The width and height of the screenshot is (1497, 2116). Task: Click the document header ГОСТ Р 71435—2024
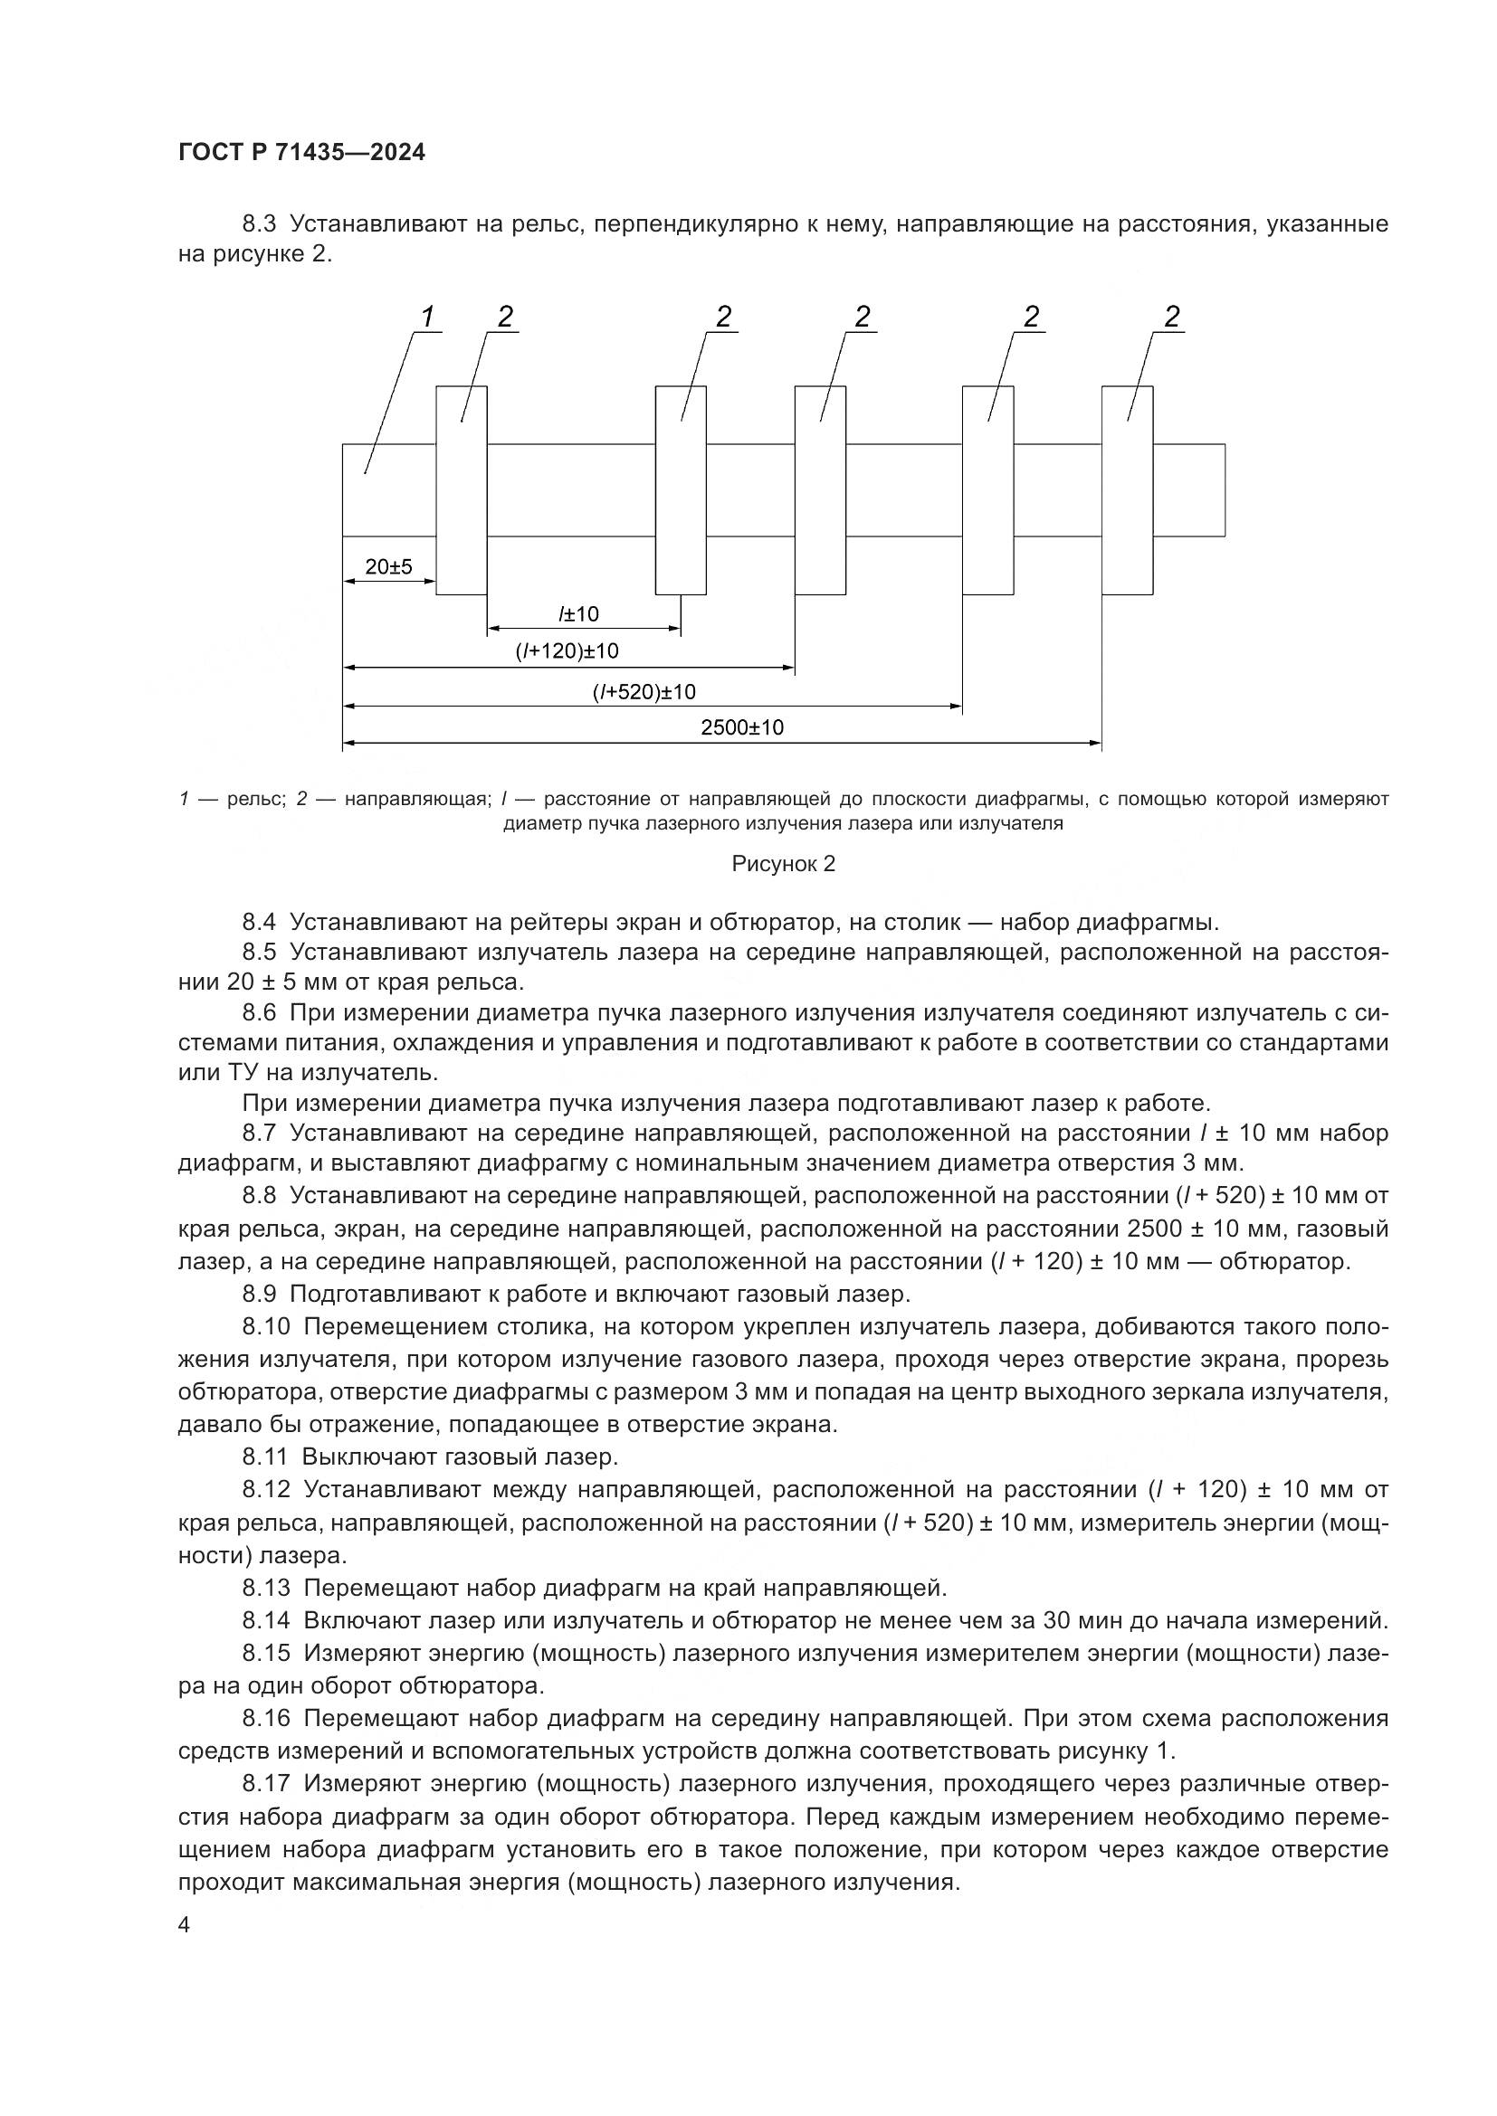tap(301, 153)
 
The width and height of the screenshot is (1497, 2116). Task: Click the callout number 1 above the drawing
tap(427, 317)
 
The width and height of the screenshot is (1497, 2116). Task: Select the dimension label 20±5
tap(388, 567)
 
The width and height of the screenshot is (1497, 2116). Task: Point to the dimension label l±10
tap(578, 613)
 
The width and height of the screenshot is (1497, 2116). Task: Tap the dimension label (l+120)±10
tap(567, 651)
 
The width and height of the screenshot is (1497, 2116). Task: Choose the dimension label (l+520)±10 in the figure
tap(644, 692)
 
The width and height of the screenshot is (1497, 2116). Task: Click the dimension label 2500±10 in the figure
tap(742, 727)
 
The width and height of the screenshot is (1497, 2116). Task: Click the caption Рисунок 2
tap(784, 864)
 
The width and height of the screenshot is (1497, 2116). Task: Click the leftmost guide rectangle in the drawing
tap(461, 490)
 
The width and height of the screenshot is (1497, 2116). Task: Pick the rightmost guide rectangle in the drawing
tap(1127, 490)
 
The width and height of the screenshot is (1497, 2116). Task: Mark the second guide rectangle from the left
tap(681, 490)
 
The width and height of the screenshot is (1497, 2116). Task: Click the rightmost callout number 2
tap(1171, 317)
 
